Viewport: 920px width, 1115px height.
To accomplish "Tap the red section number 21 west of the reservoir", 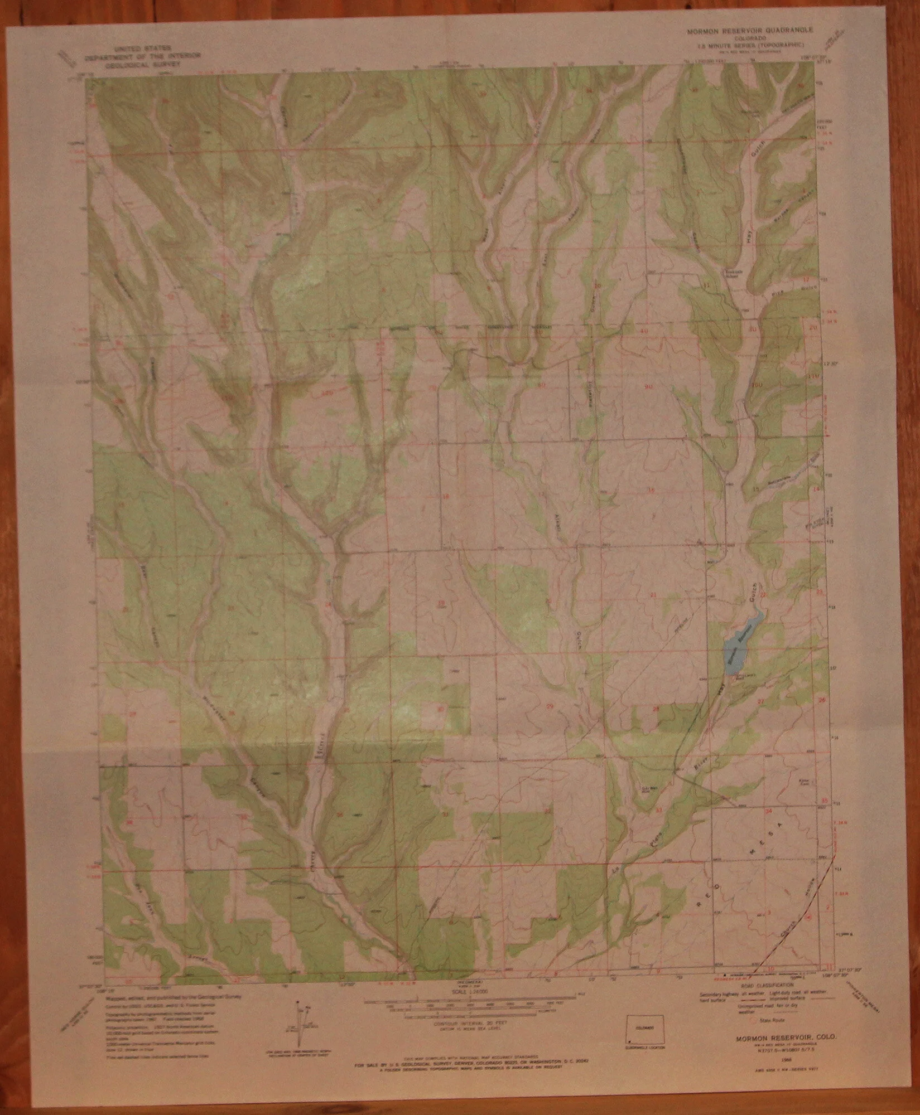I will pos(653,595).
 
